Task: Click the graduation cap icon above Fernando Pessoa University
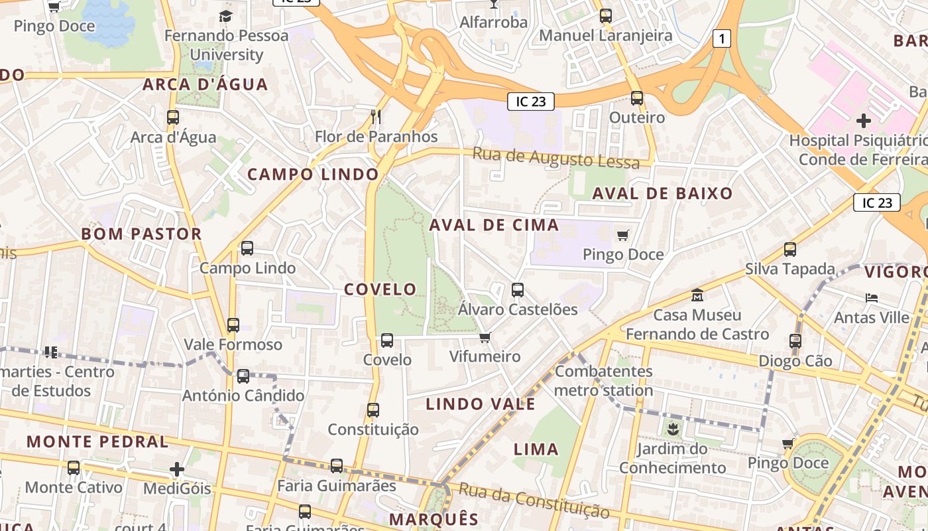click(x=226, y=16)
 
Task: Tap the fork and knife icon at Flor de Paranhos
click(x=376, y=117)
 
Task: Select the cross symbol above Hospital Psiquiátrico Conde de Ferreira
click(x=863, y=121)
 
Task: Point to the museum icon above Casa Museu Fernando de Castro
click(x=697, y=295)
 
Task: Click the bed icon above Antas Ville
click(x=872, y=298)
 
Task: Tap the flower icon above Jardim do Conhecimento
click(x=673, y=429)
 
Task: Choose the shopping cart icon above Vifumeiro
click(x=485, y=337)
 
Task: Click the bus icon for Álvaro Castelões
click(x=518, y=290)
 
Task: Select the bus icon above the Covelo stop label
click(x=387, y=341)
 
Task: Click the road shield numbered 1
click(x=722, y=38)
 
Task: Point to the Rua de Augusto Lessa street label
click(x=556, y=158)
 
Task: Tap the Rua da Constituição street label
click(x=534, y=500)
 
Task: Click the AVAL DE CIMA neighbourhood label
click(x=494, y=224)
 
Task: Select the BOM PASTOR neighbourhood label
click(x=141, y=234)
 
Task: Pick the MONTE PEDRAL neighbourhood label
click(x=97, y=441)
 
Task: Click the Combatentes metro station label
click(x=603, y=380)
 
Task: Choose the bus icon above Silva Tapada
click(x=789, y=250)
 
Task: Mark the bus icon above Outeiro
click(x=637, y=98)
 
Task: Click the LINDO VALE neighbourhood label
click(x=480, y=404)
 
